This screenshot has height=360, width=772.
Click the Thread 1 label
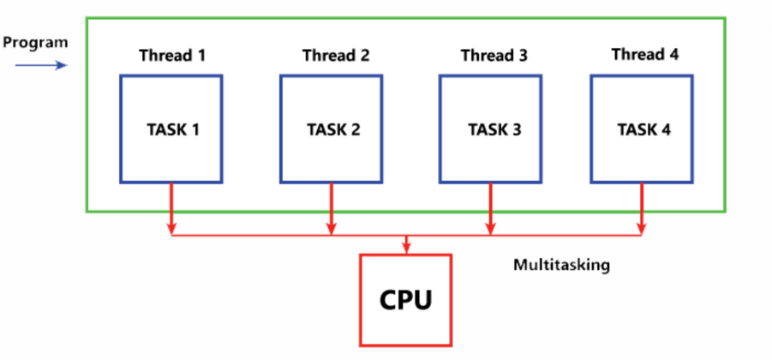click(x=172, y=57)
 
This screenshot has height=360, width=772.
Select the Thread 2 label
click(x=336, y=57)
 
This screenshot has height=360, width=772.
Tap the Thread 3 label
click(x=494, y=57)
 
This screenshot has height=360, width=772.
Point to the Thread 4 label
click(x=644, y=55)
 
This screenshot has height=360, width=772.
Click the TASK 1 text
click(x=172, y=130)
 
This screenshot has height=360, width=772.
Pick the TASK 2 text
click(x=333, y=130)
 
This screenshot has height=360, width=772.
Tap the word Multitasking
click(x=561, y=265)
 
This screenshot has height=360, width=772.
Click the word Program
click(x=35, y=42)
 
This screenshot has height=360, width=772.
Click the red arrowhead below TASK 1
click(x=171, y=229)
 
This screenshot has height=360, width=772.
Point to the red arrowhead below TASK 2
click(x=332, y=229)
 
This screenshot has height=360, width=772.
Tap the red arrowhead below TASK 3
click(x=490, y=229)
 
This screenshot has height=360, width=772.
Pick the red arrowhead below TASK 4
click(x=641, y=229)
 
